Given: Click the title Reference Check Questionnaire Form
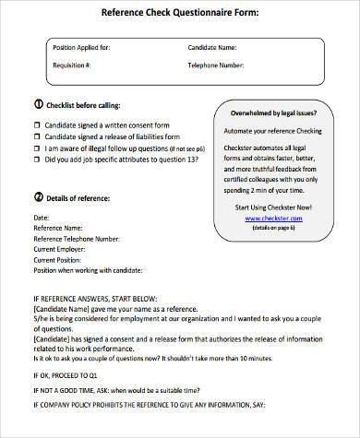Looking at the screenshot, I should [x=179, y=12].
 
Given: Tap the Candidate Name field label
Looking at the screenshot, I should [x=219, y=46].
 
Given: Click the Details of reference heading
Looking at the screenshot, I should [x=84, y=196].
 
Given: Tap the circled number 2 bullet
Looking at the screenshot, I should [x=37, y=196].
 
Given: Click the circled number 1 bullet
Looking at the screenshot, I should [x=37, y=104].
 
